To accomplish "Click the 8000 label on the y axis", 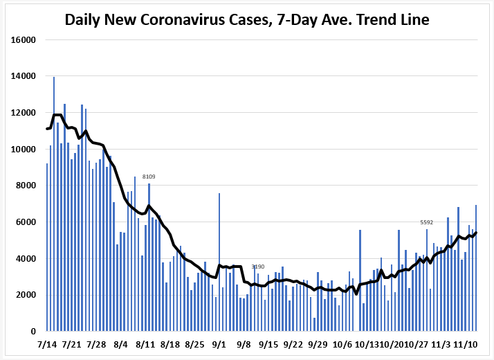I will [27, 186].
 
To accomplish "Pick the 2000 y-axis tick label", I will [27, 295].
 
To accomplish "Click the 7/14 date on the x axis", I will [47, 343].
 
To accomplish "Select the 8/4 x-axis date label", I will [120, 343].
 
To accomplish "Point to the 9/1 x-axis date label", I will [219, 343].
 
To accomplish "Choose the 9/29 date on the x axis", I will [318, 343].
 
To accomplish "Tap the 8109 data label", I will [149, 177].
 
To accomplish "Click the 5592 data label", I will [427, 222].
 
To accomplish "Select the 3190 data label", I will [258, 267].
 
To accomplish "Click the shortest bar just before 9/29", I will [314, 325].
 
